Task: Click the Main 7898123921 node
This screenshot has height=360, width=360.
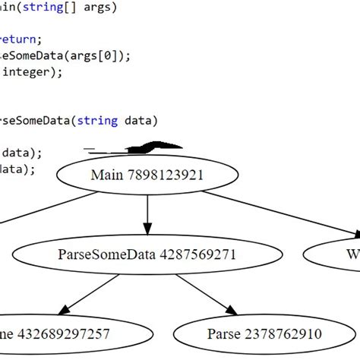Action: tap(147, 175)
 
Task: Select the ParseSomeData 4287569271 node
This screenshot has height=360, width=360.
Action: tap(147, 254)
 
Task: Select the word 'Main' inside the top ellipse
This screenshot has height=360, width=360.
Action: tap(106, 175)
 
